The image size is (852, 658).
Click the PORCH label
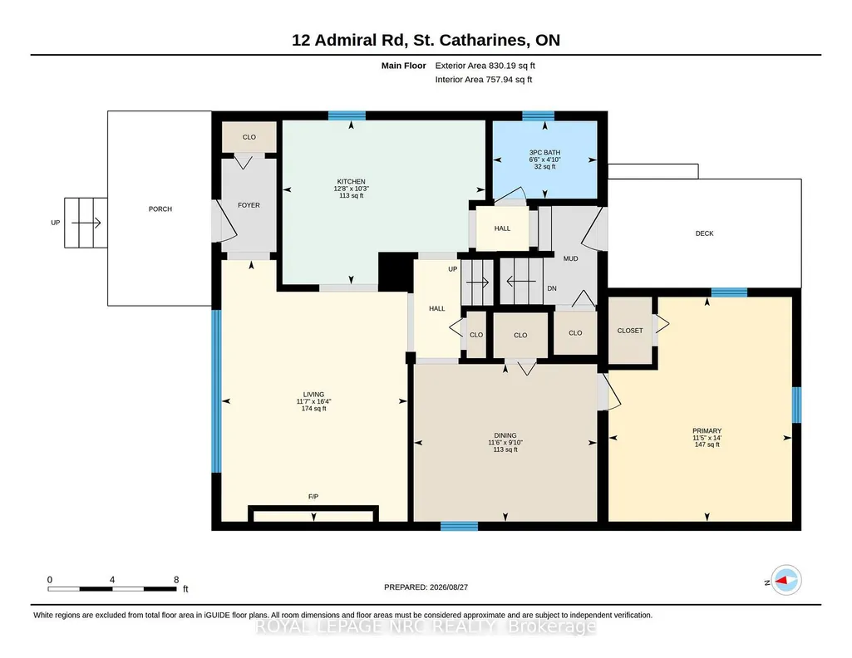[160, 209]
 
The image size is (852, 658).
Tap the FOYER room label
[249, 205]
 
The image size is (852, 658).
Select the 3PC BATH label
[544, 153]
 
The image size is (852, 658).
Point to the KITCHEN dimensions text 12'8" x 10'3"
[351, 189]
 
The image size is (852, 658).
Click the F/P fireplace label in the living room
[313, 497]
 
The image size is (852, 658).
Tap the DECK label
[705, 233]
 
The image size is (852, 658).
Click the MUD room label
[570, 258]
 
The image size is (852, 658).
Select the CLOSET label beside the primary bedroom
[630, 331]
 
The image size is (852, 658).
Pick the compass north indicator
[786, 581]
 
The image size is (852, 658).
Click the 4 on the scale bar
[112, 580]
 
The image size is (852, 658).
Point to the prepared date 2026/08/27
[449, 587]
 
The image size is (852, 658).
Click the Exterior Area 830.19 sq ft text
[485, 66]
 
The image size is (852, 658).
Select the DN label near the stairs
[552, 288]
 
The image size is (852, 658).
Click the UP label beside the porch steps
[56, 223]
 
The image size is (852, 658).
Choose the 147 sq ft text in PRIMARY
[707, 444]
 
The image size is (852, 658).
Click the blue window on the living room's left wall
[216, 391]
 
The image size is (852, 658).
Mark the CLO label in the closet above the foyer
[249, 137]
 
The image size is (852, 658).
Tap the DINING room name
[505, 435]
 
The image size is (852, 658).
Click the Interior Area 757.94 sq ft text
[484, 79]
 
